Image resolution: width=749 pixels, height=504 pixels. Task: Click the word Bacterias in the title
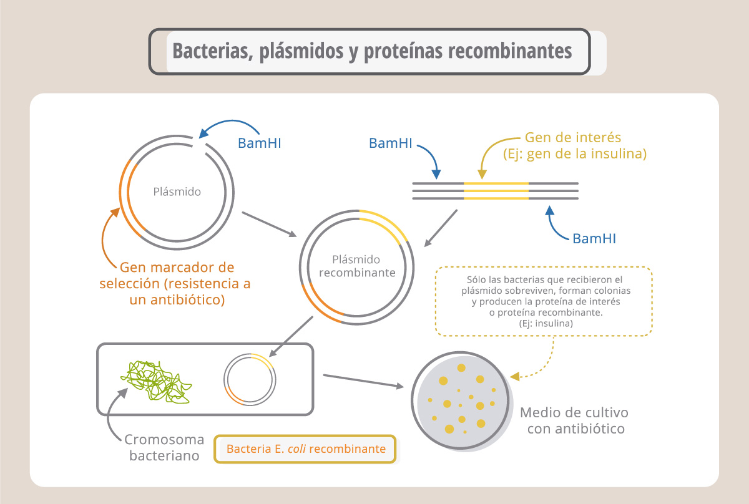[x=213, y=51]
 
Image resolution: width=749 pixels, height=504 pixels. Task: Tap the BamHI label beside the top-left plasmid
[x=260, y=143]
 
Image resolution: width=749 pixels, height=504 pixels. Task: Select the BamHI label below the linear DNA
[x=594, y=239]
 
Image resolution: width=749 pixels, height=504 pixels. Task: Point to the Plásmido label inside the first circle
[x=177, y=192]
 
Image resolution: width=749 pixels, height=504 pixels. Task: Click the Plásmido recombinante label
[x=357, y=266]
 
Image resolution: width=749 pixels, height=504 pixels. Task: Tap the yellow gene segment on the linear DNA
[x=496, y=191]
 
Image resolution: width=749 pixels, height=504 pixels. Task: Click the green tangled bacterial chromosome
[x=156, y=382]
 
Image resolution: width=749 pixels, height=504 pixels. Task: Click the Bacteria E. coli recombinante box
[x=305, y=449]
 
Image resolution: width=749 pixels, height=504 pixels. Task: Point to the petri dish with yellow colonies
[x=461, y=400]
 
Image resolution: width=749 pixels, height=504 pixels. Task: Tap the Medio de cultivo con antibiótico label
[x=574, y=420]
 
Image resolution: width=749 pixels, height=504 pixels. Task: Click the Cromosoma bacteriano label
[x=164, y=447]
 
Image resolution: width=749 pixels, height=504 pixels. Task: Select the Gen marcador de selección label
[x=175, y=283]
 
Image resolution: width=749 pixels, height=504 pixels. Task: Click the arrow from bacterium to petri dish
[x=363, y=381]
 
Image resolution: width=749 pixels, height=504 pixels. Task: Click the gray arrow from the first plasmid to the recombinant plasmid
[x=269, y=225]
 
